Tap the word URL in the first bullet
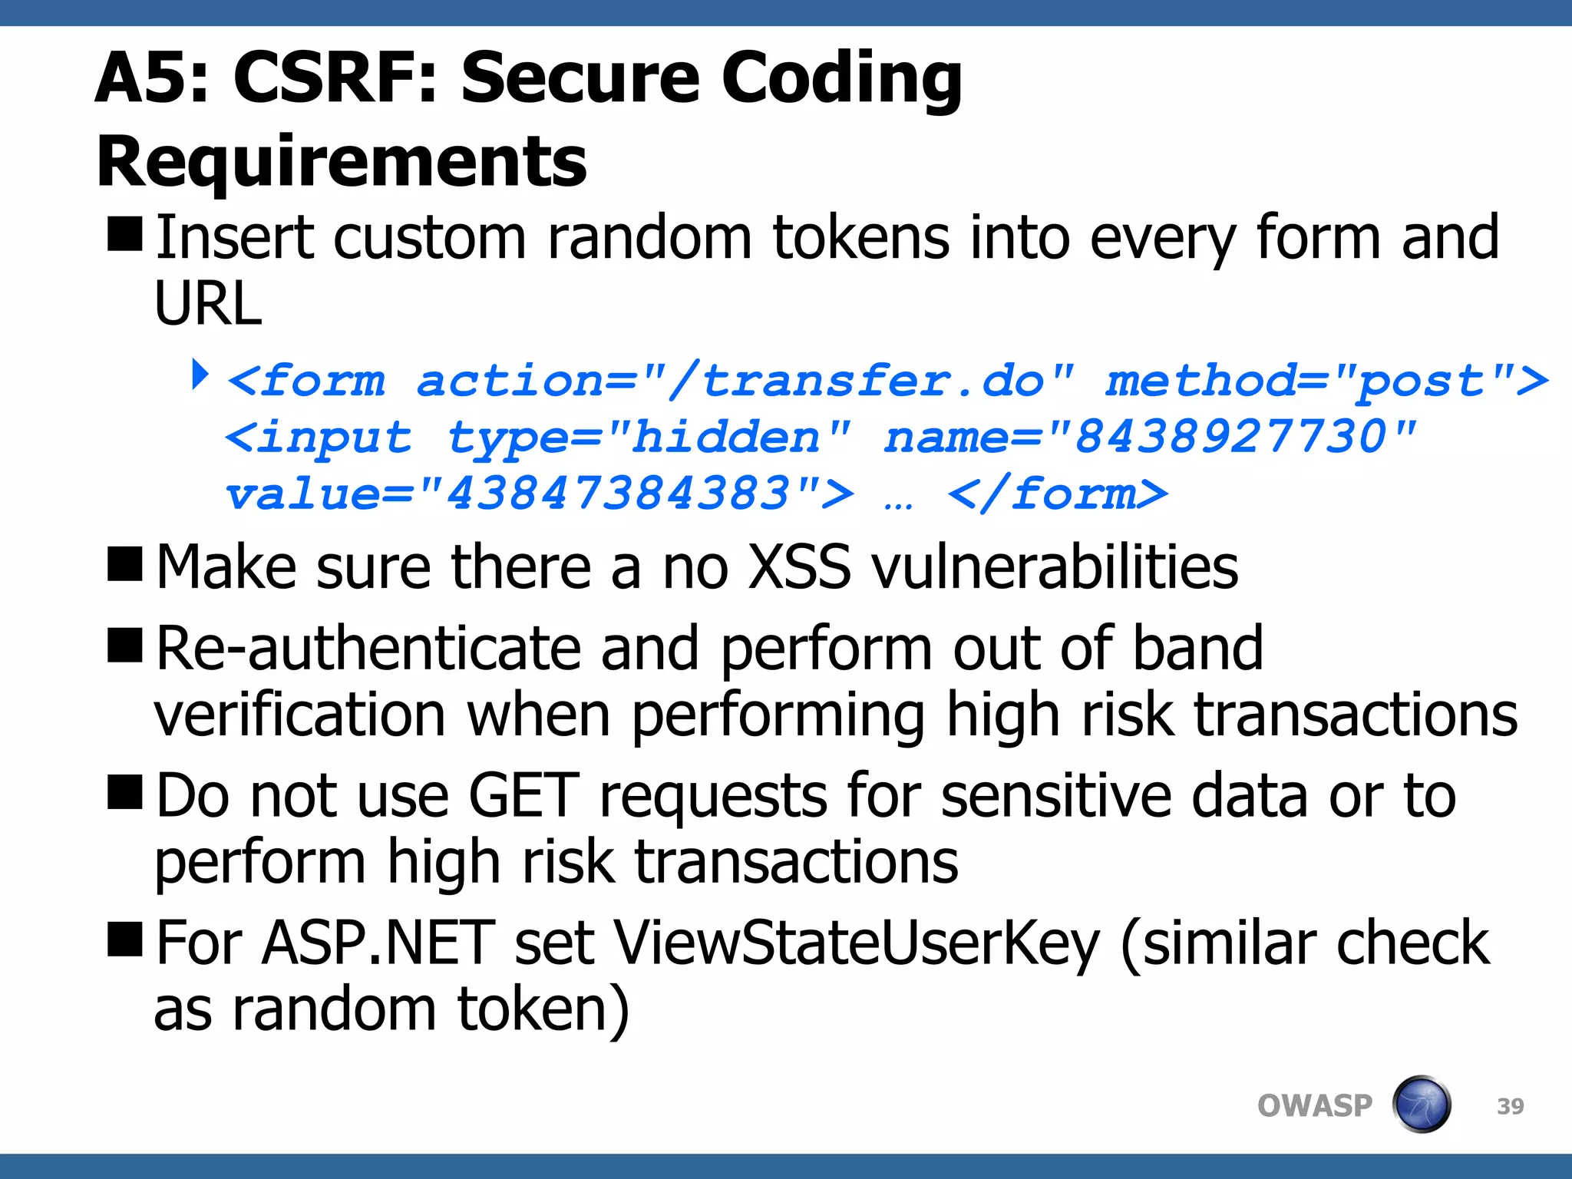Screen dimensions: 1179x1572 (208, 303)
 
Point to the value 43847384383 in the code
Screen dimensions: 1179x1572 (618, 494)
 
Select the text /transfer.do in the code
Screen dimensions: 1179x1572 (856, 381)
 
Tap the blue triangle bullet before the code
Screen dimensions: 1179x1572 (200, 375)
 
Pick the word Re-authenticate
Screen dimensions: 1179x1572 (368, 649)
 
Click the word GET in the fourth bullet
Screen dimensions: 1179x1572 (523, 796)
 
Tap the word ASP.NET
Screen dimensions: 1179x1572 (378, 943)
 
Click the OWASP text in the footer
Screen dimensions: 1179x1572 (1314, 1106)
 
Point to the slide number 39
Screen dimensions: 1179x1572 (1510, 1106)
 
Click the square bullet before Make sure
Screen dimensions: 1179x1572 (125, 565)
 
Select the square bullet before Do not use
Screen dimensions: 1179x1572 (125, 792)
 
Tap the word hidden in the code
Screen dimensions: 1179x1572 (725, 438)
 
